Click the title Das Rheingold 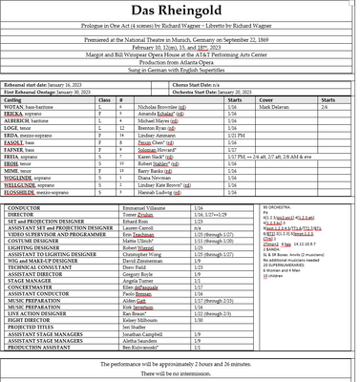180,11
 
